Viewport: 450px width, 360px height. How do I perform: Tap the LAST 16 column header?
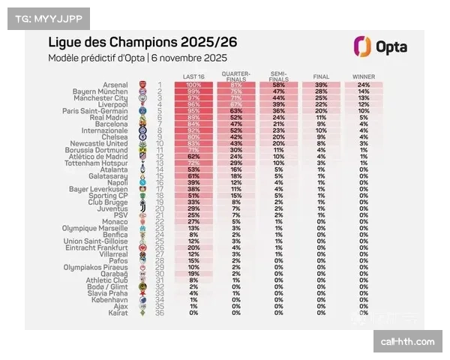tap(195, 76)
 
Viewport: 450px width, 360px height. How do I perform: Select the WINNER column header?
tap(364, 76)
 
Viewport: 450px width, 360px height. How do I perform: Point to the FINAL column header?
tap(321, 76)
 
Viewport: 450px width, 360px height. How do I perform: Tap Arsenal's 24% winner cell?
tap(364, 85)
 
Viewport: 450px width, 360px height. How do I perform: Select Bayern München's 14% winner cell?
tap(364, 91)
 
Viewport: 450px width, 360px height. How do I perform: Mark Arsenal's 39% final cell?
tap(321, 85)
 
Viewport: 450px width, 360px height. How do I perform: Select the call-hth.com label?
tap(407, 341)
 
